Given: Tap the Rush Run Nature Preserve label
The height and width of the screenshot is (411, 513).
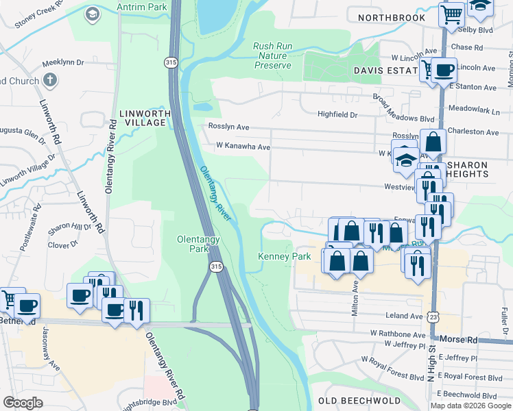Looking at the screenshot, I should click(273, 55).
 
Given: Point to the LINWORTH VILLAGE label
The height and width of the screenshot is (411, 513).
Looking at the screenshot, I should click(143, 118).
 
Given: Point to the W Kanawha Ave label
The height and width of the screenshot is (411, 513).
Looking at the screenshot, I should click(243, 147).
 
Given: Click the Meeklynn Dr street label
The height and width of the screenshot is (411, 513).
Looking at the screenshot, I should click(62, 62).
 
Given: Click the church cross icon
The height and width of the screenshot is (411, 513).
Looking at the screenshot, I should click(49, 80).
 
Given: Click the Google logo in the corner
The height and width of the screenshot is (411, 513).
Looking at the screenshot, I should click(23, 403).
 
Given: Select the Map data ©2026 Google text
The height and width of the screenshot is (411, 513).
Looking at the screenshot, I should click(470, 406).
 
